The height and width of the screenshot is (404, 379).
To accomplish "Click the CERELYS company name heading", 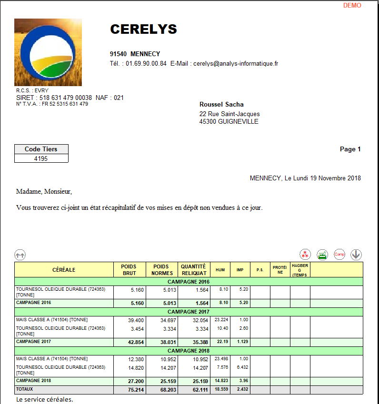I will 143,30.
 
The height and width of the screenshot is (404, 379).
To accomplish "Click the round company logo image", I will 48,52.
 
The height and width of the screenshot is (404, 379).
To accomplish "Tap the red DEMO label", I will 352,6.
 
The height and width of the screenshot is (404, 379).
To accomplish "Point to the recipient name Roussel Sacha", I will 221,105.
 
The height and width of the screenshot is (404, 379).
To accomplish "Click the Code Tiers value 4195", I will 41,158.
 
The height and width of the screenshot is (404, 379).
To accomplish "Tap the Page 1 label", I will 350,149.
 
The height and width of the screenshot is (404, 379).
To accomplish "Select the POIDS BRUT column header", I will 129,270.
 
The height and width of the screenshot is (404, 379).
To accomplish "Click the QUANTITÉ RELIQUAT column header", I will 193,270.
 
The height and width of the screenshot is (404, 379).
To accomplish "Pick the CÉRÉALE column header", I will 64,270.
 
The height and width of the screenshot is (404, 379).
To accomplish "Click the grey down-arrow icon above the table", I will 356,255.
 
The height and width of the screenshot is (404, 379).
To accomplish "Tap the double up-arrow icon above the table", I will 20,255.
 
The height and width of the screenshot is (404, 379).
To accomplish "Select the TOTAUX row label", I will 25,389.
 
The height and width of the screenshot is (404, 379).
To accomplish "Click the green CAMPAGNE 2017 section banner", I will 189,311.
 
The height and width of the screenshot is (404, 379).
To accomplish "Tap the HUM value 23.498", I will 219,359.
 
